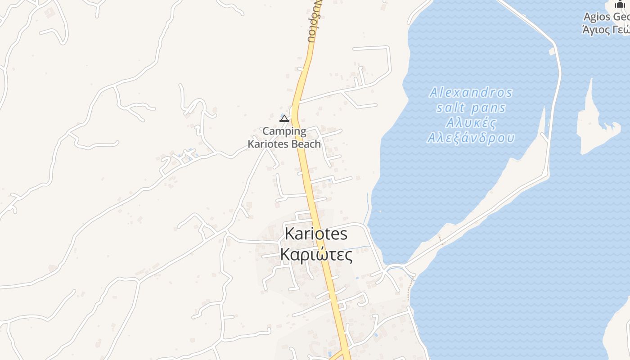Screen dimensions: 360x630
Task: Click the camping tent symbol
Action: pos(284,118)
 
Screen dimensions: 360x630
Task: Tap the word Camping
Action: pos(284,131)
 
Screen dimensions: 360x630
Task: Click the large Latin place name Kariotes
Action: pos(316,234)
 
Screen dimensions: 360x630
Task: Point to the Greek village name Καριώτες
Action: pos(316,254)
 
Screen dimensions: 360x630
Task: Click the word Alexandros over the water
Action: pos(471,93)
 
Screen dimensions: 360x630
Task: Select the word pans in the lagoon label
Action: pos(489,108)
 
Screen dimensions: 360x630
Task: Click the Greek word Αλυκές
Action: pos(471,123)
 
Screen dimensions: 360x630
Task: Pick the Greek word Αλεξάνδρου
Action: pos(471,138)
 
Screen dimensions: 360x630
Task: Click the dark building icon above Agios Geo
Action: pos(621,4)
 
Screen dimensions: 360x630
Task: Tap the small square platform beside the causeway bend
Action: pos(552,51)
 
